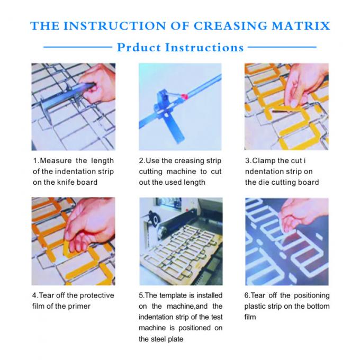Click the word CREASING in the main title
pos(231,26)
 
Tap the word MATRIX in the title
pos(301,26)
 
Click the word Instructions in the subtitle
pos(204,48)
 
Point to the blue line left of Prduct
pos(78,47)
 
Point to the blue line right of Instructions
pos(282,47)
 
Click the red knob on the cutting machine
pos(185,96)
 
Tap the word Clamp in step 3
pos(264,161)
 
